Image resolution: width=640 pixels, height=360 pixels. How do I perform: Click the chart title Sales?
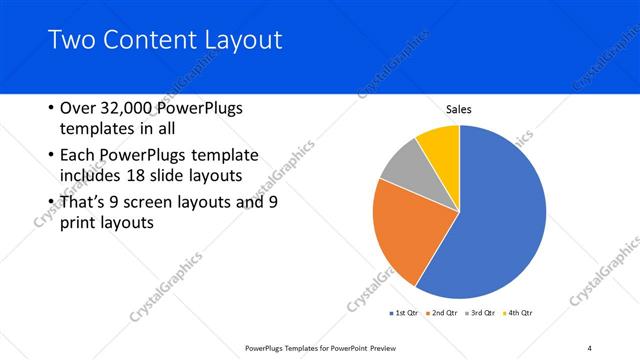[459, 110]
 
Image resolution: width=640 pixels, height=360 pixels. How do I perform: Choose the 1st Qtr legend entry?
[405, 313]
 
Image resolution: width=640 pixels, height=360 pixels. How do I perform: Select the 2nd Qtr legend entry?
[442, 313]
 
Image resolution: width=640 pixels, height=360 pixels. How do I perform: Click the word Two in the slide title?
[73, 41]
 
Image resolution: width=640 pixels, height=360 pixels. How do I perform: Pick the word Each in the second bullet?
[80, 156]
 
